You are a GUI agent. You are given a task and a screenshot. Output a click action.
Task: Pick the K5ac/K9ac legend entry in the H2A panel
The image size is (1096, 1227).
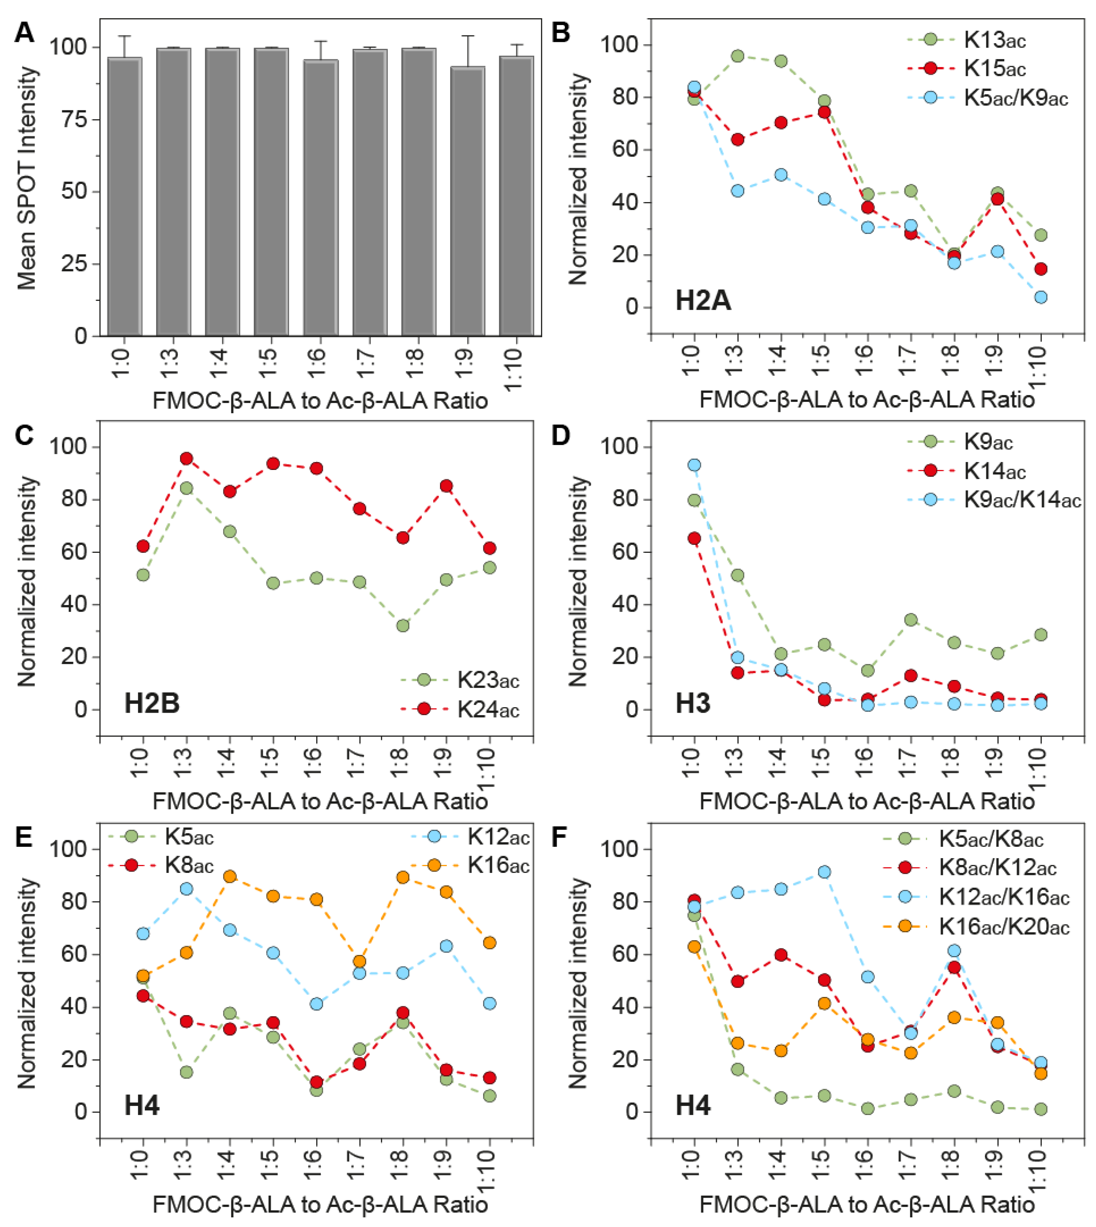pyautogui.click(x=1015, y=98)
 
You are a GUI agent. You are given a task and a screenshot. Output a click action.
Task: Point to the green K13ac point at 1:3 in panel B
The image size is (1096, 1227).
pyautogui.click(x=737, y=56)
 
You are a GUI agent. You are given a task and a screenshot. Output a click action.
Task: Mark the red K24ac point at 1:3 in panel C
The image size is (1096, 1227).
pyautogui.click(x=186, y=458)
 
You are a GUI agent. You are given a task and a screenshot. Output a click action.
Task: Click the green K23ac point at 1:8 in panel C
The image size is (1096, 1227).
pyautogui.click(x=403, y=626)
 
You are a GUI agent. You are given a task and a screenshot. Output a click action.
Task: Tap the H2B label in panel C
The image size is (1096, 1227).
pyautogui.click(x=152, y=703)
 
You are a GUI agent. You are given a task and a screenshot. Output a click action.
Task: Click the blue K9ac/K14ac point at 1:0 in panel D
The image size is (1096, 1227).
pyautogui.click(x=694, y=465)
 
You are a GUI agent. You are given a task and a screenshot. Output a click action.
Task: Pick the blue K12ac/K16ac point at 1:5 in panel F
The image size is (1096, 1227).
pyautogui.click(x=824, y=872)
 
